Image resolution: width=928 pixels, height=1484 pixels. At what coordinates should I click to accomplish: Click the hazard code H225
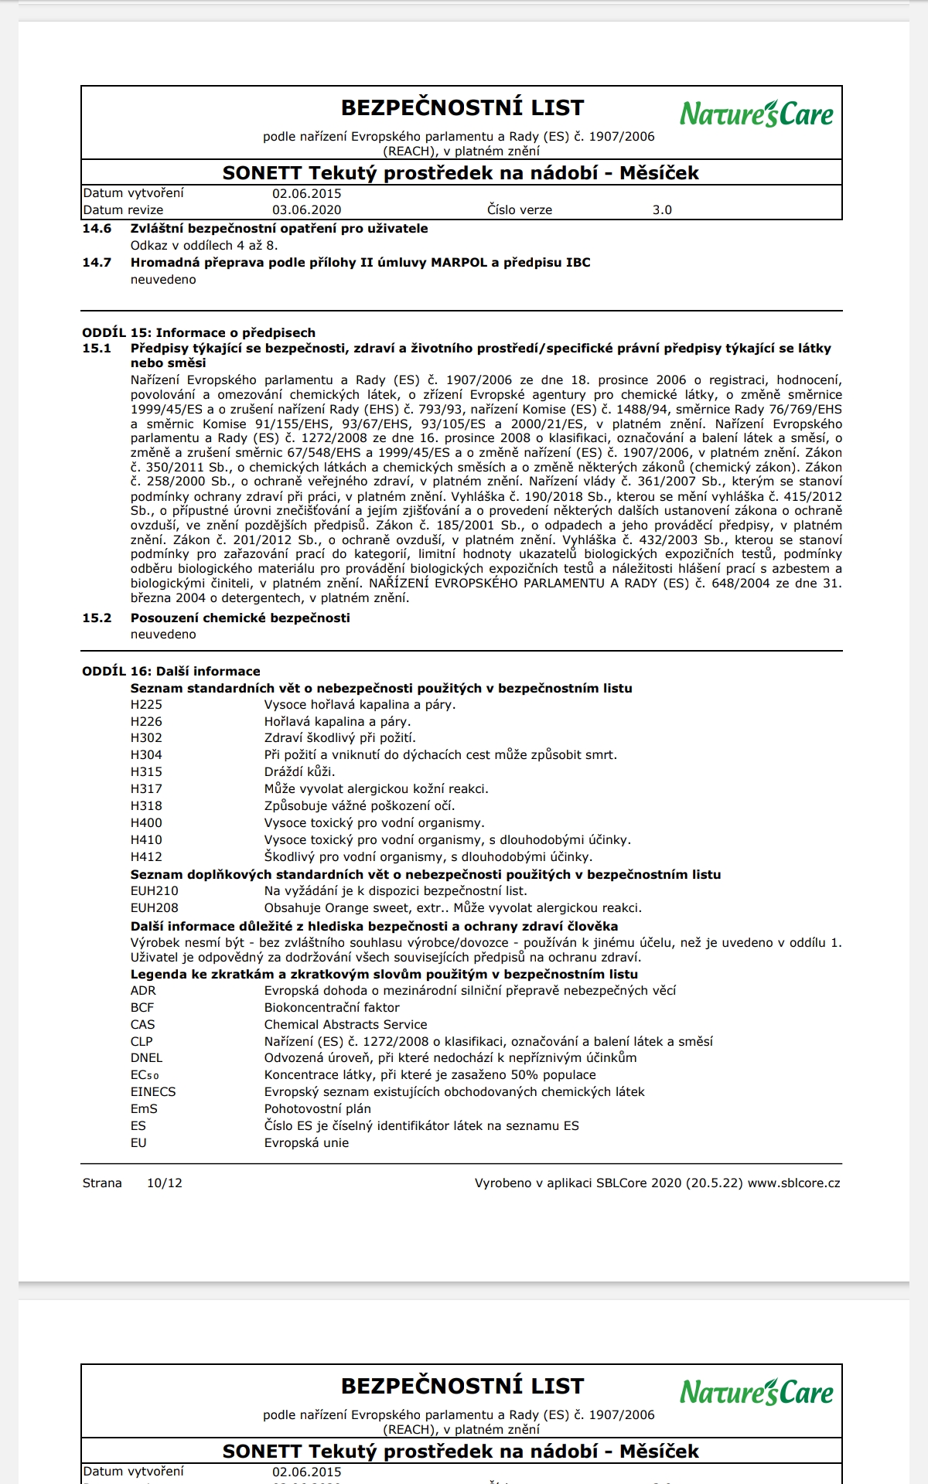pyautogui.click(x=146, y=705)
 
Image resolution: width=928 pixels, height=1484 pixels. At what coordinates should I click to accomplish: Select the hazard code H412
pyautogui.click(x=146, y=857)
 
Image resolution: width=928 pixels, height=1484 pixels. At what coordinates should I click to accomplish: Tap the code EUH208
pyautogui.click(x=155, y=908)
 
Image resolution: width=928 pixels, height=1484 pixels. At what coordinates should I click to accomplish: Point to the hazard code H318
pyautogui.click(x=146, y=806)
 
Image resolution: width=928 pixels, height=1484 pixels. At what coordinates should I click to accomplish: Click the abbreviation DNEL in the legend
pyautogui.click(x=146, y=1058)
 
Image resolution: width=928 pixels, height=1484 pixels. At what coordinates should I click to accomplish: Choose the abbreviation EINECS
pyautogui.click(x=153, y=1092)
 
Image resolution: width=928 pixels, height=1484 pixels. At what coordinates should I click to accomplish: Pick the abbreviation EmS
pyautogui.click(x=144, y=1109)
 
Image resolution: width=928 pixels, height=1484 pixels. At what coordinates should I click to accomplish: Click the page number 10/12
pyautogui.click(x=165, y=1183)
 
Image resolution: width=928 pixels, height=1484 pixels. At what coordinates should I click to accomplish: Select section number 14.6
pyautogui.click(x=97, y=229)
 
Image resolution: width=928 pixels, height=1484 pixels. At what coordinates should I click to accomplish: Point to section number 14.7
pyautogui.click(x=97, y=263)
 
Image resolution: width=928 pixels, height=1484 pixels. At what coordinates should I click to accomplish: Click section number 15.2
pyautogui.click(x=97, y=618)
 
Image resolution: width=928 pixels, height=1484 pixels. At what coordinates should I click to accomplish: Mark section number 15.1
pyautogui.click(x=97, y=349)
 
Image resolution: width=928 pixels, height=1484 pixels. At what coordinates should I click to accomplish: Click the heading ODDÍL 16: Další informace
pyautogui.click(x=171, y=672)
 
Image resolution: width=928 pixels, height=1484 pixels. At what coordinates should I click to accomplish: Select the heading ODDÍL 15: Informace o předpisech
pyautogui.click(x=199, y=333)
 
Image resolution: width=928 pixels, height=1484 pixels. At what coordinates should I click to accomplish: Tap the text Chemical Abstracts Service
pyautogui.click(x=346, y=1025)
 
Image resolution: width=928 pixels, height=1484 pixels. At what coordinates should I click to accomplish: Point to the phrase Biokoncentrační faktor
pyautogui.click(x=332, y=1008)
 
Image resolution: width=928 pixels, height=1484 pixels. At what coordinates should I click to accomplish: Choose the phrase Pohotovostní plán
pyautogui.click(x=318, y=1109)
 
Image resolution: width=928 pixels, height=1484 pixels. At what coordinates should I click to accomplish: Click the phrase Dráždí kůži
pyautogui.click(x=299, y=772)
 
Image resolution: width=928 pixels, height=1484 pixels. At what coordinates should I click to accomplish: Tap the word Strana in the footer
pyautogui.click(x=102, y=1183)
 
